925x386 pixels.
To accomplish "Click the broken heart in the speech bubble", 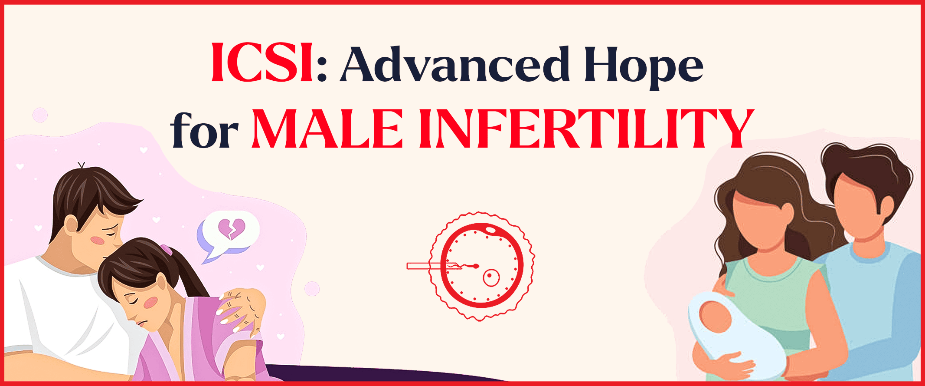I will click(x=232, y=229).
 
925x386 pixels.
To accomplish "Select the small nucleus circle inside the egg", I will click(x=491, y=277).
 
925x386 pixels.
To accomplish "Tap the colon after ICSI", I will click(x=321, y=71).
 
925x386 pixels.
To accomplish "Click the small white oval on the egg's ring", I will click(x=491, y=230).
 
